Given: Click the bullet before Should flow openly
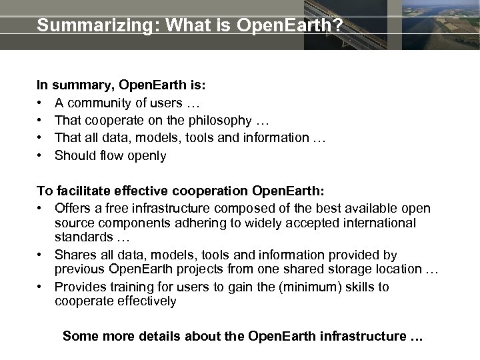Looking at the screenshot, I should (x=41, y=156).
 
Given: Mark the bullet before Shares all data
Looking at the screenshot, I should (x=41, y=255).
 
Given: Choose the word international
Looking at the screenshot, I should (x=378, y=223).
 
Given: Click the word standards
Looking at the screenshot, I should (x=83, y=237).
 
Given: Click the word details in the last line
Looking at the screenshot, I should (x=158, y=336).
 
